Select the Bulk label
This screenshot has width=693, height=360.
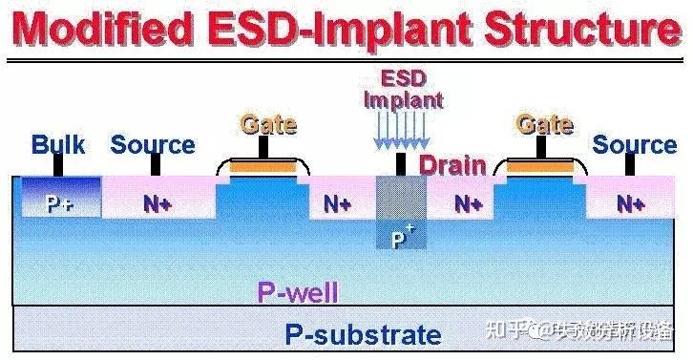[58, 145]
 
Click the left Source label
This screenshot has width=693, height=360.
[153, 145]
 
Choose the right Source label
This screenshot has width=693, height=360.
[635, 145]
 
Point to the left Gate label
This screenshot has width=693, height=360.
[268, 124]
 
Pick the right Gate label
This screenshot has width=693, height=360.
[544, 124]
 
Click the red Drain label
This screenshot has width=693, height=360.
[453, 165]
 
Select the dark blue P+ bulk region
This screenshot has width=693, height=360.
[58, 201]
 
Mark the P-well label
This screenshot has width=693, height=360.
[298, 292]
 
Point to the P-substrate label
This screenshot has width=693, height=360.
[364, 334]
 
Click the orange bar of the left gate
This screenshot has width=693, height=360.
[263, 168]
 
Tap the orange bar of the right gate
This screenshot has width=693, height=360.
[540, 168]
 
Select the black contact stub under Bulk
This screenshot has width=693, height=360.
[58, 165]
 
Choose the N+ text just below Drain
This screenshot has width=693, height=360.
[467, 203]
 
